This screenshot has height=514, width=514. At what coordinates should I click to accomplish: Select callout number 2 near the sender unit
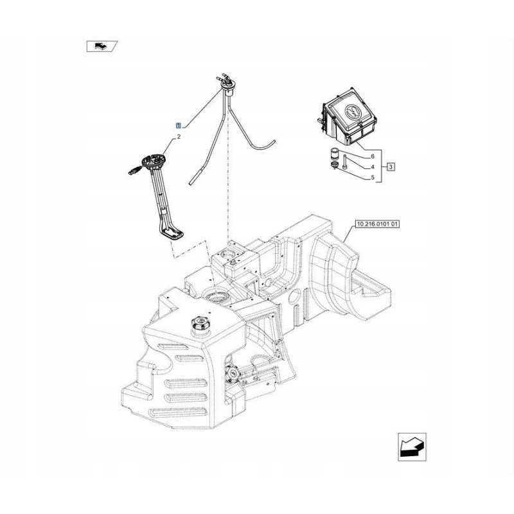pyautogui.click(x=179, y=137)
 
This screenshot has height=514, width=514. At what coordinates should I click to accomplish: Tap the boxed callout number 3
pyautogui.click(x=391, y=166)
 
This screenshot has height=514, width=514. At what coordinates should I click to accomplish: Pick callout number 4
pyautogui.click(x=372, y=167)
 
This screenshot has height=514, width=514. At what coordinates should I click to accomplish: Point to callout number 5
pyautogui.click(x=372, y=177)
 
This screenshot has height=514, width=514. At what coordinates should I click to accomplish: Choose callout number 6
pyautogui.click(x=372, y=156)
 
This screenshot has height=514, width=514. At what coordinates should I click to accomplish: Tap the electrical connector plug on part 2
pyautogui.click(x=134, y=170)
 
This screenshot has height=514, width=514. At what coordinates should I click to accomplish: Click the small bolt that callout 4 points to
pyautogui.click(x=346, y=163)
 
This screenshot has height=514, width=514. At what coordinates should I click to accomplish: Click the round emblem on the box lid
pyautogui.click(x=352, y=112)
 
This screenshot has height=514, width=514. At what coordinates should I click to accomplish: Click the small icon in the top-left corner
pyautogui.click(x=102, y=46)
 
